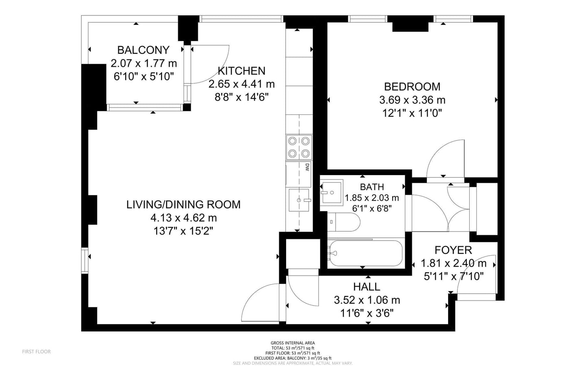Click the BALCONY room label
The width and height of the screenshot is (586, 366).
click(143, 50)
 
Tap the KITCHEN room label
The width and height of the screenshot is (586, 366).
click(241, 71)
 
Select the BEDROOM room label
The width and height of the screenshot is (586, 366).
click(412, 87)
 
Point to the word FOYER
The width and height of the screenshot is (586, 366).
click(453, 250)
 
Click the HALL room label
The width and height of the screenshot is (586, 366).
click(367, 287)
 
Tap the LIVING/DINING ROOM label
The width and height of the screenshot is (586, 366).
click(184, 205)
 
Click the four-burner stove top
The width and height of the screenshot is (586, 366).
click(299, 147)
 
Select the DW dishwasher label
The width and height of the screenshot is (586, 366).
click(307, 167)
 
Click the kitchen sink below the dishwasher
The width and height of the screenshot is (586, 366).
click(299, 200)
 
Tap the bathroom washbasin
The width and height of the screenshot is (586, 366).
click(331, 193)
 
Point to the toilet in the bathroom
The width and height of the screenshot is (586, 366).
click(343, 222)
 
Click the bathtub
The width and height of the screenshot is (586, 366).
click(366, 253)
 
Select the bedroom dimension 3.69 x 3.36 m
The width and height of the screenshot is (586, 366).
click(412, 100)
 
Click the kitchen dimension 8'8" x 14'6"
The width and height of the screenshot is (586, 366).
click(241, 98)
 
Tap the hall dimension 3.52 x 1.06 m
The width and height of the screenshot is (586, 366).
click(367, 300)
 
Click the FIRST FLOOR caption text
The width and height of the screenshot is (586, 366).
click(36, 352)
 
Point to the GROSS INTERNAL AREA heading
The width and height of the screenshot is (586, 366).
click(293, 343)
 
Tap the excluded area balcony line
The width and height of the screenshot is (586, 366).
click(293, 358)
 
